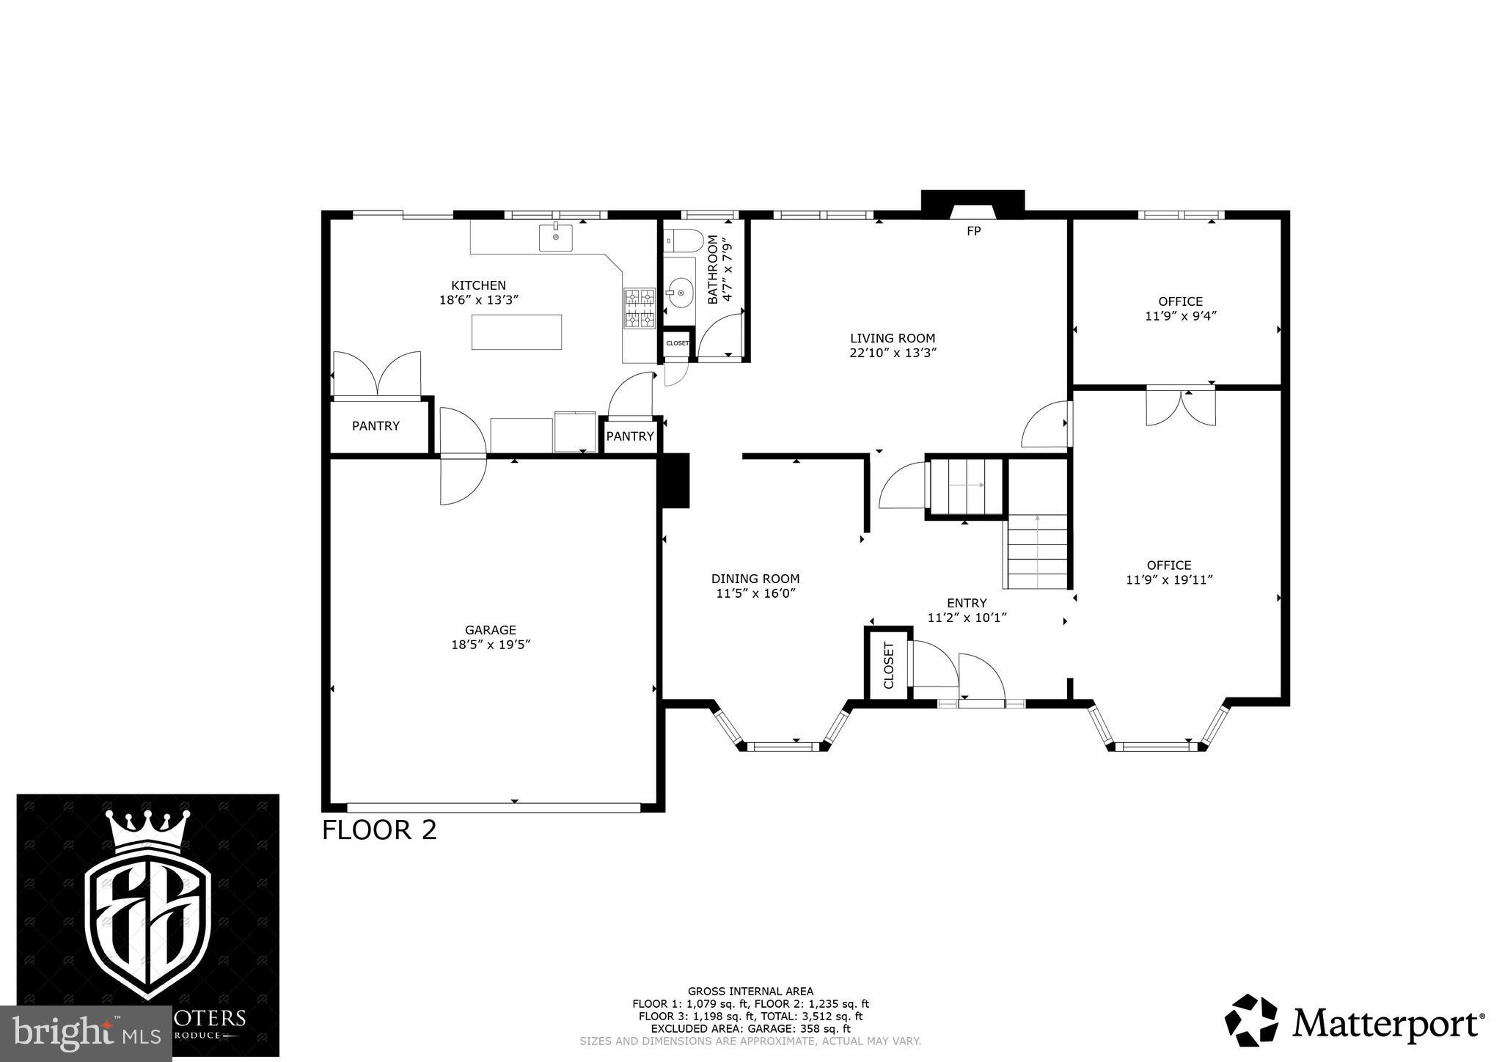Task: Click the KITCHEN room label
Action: coord(478,285)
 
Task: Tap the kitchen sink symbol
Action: coord(556,238)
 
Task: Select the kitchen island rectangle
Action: coord(517,332)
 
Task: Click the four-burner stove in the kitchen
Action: coord(639,308)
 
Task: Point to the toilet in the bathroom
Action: coord(684,240)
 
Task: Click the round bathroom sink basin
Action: coord(681,293)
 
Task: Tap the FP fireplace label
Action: coord(973,231)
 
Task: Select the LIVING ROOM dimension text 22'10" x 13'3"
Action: coord(893,353)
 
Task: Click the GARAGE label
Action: coord(491,630)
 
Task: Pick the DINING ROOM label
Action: coord(755,579)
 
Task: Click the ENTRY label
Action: coord(967,604)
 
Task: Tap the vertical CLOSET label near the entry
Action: coord(889,665)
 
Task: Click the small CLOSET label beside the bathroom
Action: coord(677,343)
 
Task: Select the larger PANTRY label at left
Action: coord(375,426)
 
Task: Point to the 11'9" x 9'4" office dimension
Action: coord(1181,316)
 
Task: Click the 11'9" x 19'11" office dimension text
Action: coord(1169,580)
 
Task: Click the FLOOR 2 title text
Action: coord(379,830)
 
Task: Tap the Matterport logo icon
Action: coord(1251,1020)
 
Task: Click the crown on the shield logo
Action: coord(148,833)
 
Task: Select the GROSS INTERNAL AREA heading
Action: coord(750,992)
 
